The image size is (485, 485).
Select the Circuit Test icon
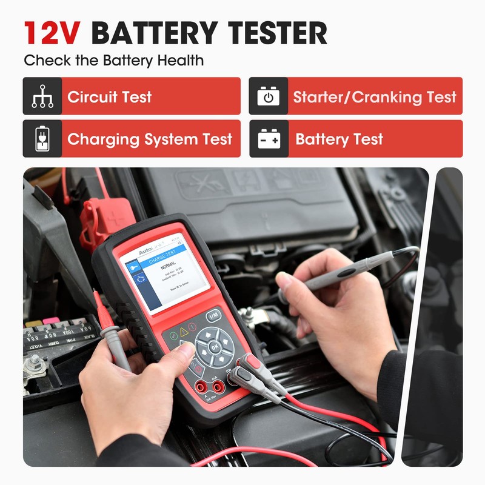tap(42, 96)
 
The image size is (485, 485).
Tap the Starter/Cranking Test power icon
tap(268, 96)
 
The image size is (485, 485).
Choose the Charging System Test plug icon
tap(42, 139)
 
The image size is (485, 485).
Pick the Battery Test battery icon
tap(268, 139)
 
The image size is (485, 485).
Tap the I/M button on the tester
tap(213, 316)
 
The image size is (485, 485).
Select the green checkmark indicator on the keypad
tap(173, 336)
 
